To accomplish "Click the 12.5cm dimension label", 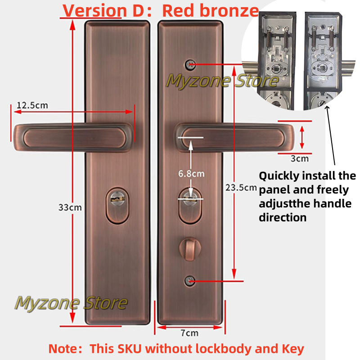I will [32, 105].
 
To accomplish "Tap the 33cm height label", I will [70, 207].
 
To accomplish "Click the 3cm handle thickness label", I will [299, 158].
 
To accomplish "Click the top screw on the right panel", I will [190, 64].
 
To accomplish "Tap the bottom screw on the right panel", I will [190, 281].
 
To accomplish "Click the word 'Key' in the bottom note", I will [292, 349].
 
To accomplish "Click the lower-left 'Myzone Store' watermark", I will [71, 303].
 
